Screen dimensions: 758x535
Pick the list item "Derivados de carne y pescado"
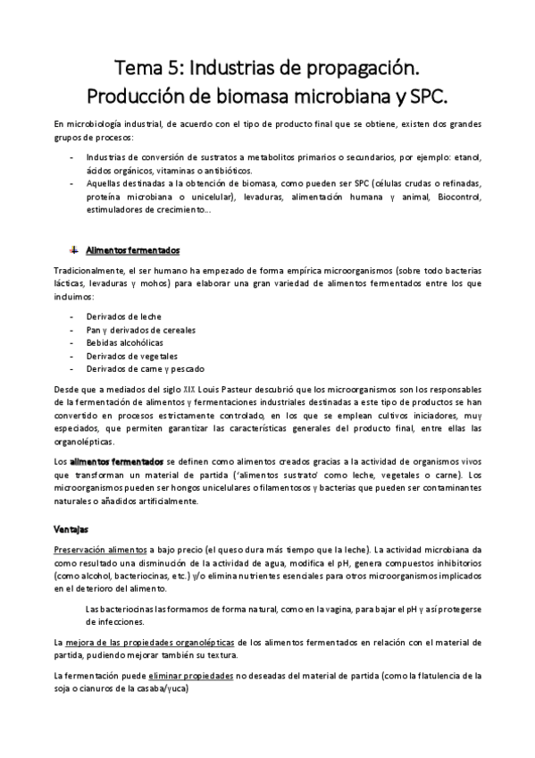tap(146, 368)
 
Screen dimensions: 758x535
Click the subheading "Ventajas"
tap(71, 529)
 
